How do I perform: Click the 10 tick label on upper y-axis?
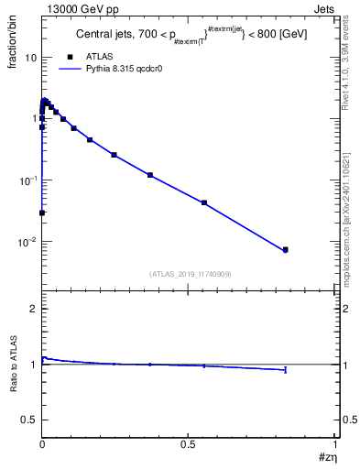30,58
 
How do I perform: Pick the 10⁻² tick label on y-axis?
27,243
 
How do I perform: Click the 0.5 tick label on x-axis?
189,445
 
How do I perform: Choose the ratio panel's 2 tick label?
34,309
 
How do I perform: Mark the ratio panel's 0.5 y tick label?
29,419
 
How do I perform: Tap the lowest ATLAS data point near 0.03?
42,213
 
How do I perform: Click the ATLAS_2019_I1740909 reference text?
191,274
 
